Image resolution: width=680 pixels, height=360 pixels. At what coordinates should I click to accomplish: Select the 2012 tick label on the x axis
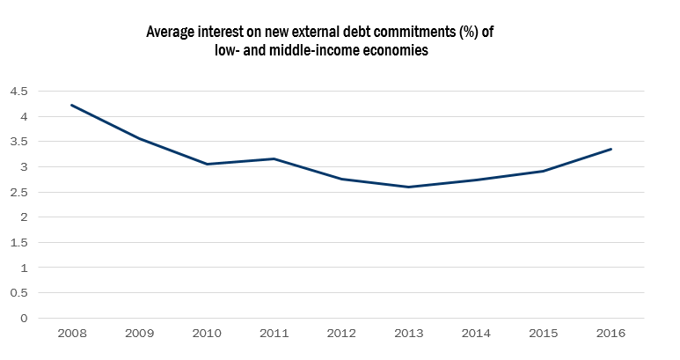point(340,335)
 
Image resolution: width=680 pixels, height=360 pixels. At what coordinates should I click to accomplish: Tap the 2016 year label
point(611,335)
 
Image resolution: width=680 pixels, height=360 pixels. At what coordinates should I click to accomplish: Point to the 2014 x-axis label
point(475,335)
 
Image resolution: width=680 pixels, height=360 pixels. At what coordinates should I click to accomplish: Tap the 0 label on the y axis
point(25,318)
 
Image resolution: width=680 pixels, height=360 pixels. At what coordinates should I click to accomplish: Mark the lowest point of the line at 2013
point(408,187)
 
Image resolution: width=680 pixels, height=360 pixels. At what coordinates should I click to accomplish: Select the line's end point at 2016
point(611,149)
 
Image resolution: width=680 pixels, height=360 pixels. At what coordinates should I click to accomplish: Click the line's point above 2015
point(543,171)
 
